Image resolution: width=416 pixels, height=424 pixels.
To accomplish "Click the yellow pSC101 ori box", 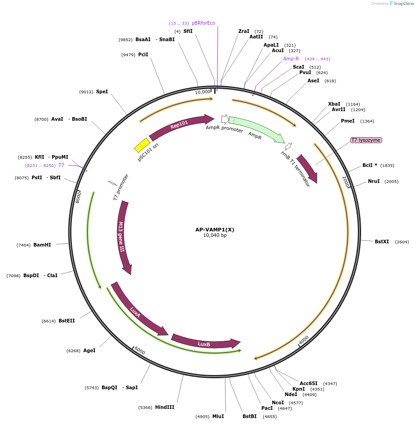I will (142, 145).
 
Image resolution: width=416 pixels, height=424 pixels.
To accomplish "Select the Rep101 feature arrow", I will (180, 125).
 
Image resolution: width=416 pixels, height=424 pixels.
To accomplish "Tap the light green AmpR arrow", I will (256, 128).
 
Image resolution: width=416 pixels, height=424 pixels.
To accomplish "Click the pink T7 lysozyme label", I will (366, 140).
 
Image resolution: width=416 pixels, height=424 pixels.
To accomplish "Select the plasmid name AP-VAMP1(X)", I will (215, 230).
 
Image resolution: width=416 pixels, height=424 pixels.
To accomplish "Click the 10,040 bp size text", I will (215, 236).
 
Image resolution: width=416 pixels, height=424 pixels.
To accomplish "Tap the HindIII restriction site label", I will (165, 407).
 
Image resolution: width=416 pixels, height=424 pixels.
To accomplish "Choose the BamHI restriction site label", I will (42, 245).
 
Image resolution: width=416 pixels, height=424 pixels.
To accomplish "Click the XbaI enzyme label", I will (334, 104).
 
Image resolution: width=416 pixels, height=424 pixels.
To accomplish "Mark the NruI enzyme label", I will (374, 181).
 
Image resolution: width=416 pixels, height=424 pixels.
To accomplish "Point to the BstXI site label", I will (382, 242).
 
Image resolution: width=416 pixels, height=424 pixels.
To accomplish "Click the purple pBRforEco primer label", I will (203, 23).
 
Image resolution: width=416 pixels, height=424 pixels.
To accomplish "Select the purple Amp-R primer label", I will (291, 59).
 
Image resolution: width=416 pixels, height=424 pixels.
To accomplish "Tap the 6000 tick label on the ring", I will (140, 350).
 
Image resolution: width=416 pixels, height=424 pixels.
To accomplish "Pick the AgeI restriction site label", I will (89, 350).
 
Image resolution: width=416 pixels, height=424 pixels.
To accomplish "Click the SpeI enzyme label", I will (102, 91).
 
